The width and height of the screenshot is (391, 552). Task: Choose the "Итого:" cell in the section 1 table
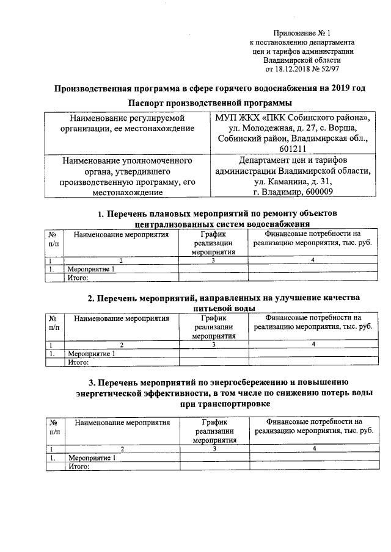tap(79, 278)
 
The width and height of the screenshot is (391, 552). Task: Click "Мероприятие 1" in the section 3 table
tap(92, 457)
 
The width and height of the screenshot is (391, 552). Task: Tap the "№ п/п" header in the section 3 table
tap(54, 426)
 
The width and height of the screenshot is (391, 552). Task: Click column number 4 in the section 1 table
tap(313, 261)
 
